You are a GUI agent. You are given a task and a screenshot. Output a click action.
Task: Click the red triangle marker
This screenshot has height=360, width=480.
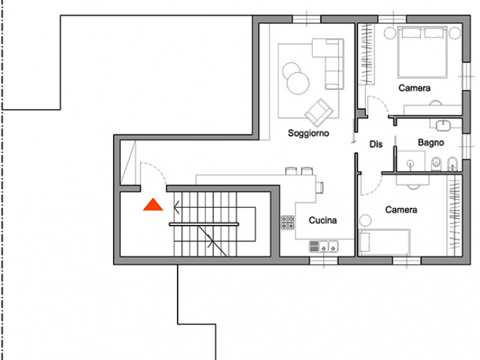point(152,204)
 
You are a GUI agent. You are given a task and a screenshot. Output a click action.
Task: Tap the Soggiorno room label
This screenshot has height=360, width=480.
point(308,133)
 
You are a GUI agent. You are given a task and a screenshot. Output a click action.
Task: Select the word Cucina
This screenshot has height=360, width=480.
point(322,220)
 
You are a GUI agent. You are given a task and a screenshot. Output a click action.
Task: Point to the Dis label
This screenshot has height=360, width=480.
point(375,144)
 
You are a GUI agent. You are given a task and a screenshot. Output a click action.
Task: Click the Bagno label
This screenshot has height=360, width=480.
point(431,143)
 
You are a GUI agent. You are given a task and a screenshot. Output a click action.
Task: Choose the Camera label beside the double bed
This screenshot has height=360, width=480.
point(415,88)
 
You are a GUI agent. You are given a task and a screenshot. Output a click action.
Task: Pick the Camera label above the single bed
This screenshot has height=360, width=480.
point(401,209)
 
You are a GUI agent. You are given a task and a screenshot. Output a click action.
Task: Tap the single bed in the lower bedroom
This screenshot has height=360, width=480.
point(385,242)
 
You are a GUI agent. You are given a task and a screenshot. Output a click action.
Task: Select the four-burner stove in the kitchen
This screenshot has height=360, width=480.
point(287,222)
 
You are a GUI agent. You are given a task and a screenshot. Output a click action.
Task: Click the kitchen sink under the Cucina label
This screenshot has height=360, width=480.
point(323,245)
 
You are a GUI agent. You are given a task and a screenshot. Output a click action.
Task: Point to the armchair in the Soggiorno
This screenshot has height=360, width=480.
point(320,112)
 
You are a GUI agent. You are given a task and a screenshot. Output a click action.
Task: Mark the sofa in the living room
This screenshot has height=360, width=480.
point(330,63)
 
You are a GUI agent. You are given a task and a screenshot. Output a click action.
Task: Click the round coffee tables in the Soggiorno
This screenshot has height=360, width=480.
point(296,77)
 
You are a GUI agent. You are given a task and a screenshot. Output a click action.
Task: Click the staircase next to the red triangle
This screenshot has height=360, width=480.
point(206,224)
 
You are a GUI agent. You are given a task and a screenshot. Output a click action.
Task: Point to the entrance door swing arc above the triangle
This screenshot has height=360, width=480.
point(152,173)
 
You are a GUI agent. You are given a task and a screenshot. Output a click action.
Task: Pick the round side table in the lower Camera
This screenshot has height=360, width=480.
point(365,221)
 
